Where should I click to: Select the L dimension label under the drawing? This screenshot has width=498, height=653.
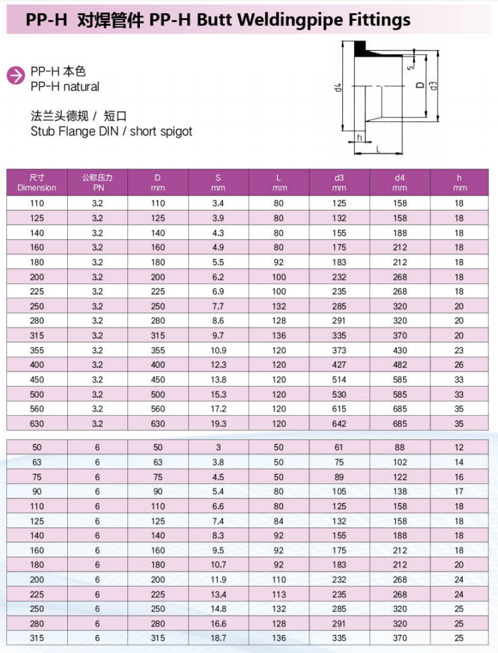(x=377, y=149)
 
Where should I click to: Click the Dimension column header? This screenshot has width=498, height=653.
(x=37, y=182)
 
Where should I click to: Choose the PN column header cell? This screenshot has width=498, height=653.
(x=97, y=182)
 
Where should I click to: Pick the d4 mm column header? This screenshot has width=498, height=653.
(x=399, y=182)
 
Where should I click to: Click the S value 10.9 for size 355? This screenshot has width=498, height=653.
(x=218, y=350)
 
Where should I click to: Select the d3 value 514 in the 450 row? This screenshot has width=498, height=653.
(x=339, y=379)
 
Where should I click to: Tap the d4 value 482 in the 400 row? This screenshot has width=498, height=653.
(x=400, y=365)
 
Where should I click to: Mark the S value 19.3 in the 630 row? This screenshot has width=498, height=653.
(x=218, y=423)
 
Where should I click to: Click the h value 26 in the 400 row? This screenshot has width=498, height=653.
(x=459, y=365)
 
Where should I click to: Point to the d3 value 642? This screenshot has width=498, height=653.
(x=339, y=423)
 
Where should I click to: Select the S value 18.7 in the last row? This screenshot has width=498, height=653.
(x=218, y=638)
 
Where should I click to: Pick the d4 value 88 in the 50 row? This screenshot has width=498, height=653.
(x=400, y=448)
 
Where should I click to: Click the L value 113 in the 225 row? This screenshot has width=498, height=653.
(x=278, y=594)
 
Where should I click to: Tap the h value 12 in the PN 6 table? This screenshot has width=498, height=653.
(x=459, y=448)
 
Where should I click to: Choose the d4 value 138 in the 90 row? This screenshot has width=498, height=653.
(x=400, y=491)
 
